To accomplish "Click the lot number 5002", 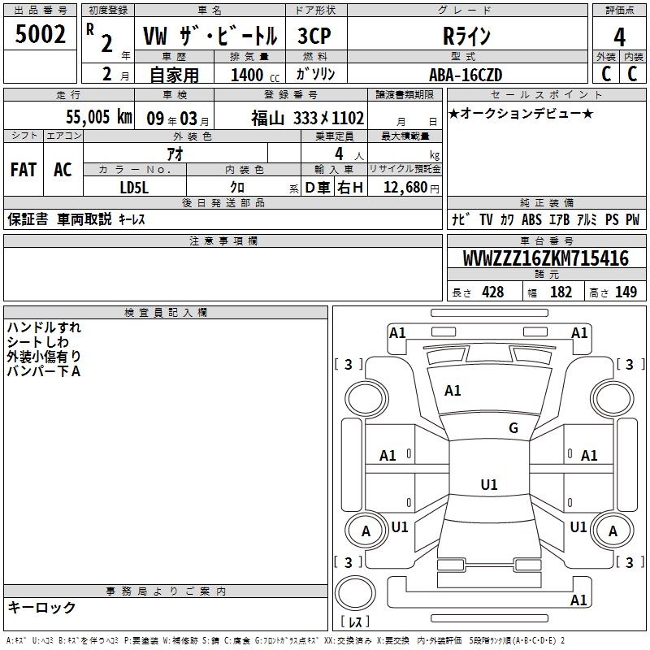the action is pyautogui.click(x=40, y=34).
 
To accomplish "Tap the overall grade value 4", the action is pyautogui.click(x=619, y=37).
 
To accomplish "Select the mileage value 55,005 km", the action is pyautogui.click(x=99, y=117).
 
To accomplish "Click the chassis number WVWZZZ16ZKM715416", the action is pyautogui.click(x=545, y=258).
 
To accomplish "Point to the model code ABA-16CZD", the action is pyautogui.click(x=466, y=75).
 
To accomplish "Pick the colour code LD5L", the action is pyautogui.click(x=134, y=188).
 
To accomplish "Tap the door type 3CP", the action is pyautogui.click(x=314, y=36).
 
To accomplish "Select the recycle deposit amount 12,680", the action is pyautogui.click(x=405, y=188).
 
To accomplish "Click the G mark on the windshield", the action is pyautogui.click(x=513, y=427).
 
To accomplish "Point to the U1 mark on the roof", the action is pyautogui.click(x=489, y=484).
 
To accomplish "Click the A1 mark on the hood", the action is pyautogui.click(x=453, y=391).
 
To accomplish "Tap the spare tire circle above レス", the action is pyautogui.click(x=355, y=593).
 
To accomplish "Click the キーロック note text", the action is pyautogui.click(x=41, y=607).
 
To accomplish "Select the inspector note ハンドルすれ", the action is pyautogui.click(x=44, y=327).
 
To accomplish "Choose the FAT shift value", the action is pyautogui.click(x=24, y=170).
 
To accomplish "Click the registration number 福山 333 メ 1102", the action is pyautogui.click(x=308, y=118).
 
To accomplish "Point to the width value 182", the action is pyautogui.click(x=561, y=292).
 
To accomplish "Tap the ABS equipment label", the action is pyautogui.click(x=531, y=219).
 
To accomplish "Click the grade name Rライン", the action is pyautogui.click(x=466, y=36).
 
